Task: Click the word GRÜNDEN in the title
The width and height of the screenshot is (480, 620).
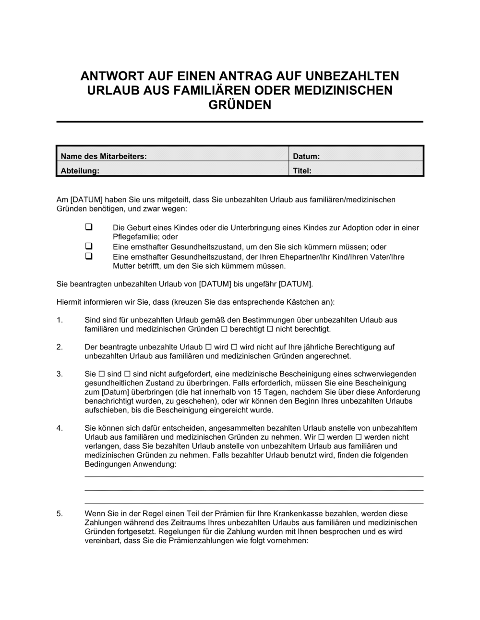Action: pyautogui.click(x=240, y=104)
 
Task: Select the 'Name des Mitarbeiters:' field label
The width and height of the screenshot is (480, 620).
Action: pyautogui.click(x=104, y=156)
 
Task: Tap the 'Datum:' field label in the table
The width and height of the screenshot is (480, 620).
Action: pyautogui.click(x=306, y=156)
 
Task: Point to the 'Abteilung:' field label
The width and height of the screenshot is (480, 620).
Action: pyautogui.click(x=80, y=171)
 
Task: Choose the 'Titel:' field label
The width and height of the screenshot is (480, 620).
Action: pyautogui.click(x=302, y=171)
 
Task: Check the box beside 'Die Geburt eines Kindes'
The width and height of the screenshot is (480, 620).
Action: pyautogui.click(x=89, y=227)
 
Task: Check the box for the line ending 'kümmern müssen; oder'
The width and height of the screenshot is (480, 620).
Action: pyautogui.click(x=89, y=246)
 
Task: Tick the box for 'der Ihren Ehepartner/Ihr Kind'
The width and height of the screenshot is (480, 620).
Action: pyautogui.click(x=89, y=256)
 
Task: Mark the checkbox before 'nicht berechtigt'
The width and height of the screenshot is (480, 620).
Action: pyautogui.click(x=270, y=329)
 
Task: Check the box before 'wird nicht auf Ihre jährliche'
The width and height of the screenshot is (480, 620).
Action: pyautogui.click(x=234, y=347)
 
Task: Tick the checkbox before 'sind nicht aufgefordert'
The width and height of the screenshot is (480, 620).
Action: pyautogui.click(x=128, y=374)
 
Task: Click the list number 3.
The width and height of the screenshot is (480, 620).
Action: pyautogui.click(x=60, y=374)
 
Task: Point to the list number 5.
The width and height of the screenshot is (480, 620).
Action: pyautogui.click(x=60, y=514)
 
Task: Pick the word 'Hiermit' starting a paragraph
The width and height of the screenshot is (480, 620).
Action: pyautogui.click(x=70, y=302)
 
